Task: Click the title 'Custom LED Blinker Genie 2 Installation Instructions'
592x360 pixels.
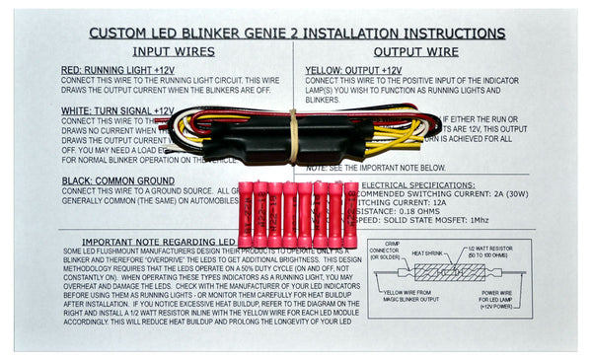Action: (x=295, y=32)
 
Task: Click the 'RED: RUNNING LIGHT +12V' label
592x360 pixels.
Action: (x=117, y=70)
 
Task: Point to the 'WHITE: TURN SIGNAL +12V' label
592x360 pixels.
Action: (x=116, y=111)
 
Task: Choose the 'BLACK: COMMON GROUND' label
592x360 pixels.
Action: (x=117, y=181)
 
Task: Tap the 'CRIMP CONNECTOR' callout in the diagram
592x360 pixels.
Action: (x=401, y=252)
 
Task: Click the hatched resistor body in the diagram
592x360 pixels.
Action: (x=450, y=272)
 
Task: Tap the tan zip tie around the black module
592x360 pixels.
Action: (x=292, y=137)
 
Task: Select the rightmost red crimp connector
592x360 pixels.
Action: (x=350, y=214)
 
